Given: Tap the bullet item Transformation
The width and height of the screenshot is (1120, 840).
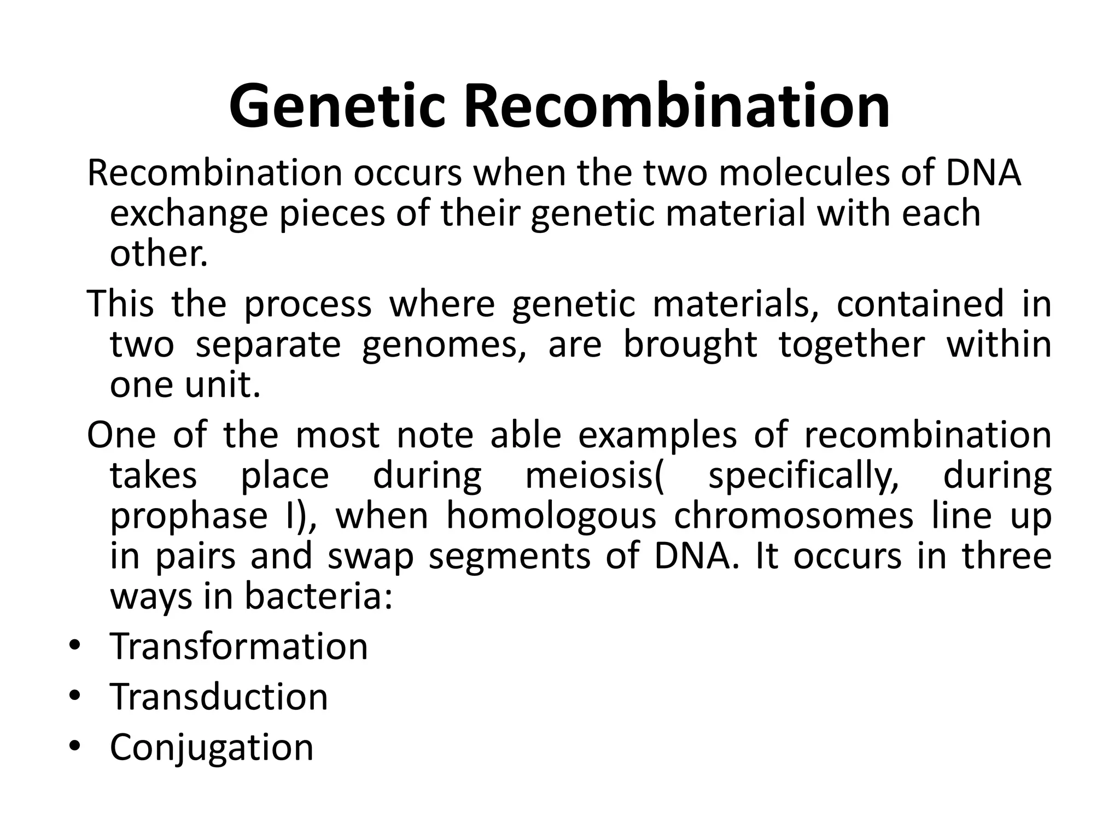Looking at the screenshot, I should point(239,646).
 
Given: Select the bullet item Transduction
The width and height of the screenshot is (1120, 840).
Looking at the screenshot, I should point(219,697).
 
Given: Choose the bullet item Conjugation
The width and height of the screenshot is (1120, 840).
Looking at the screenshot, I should point(212,748).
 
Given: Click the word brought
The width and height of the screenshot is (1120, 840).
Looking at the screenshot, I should point(690,345).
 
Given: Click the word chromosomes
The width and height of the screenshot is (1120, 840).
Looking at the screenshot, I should point(794,516).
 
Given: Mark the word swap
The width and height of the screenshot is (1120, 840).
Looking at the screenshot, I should point(370,556).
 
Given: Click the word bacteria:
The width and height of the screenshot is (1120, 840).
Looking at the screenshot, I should point(318,597).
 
